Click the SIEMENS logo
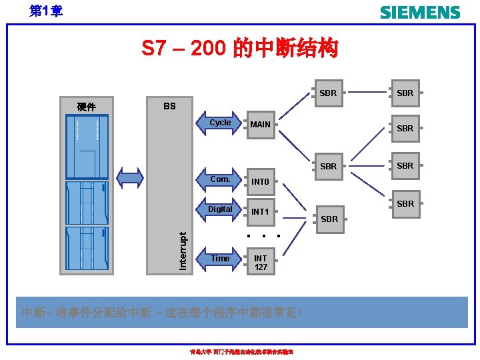[x=419, y=12]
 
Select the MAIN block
[x=261, y=124]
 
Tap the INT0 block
[x=261, y=182]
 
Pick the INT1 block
[x=261, y=212]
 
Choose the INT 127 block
[x=261, y=262]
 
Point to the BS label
[x=169, y=106]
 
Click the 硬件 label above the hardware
[x=86, y=107]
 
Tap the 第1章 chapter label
[x=46, y=11]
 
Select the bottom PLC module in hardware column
[x=87, y=248]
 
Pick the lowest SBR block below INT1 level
[x=329, y=219]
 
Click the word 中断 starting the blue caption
[x=31, y=313]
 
